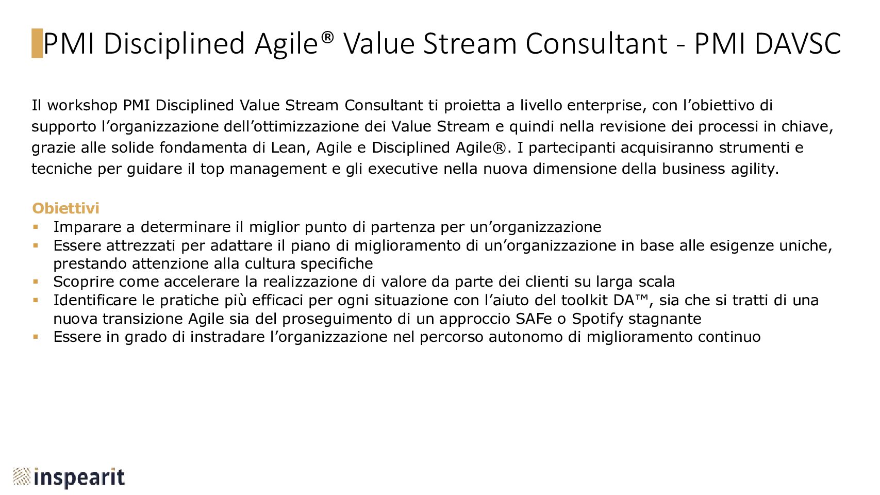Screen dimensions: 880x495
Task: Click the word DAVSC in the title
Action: pos(798,44)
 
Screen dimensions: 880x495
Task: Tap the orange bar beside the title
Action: pos(37,43)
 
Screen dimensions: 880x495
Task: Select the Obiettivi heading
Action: pos(65,208)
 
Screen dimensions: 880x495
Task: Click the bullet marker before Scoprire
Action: pos(36,282)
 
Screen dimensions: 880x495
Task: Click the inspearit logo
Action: pos(69,477)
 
